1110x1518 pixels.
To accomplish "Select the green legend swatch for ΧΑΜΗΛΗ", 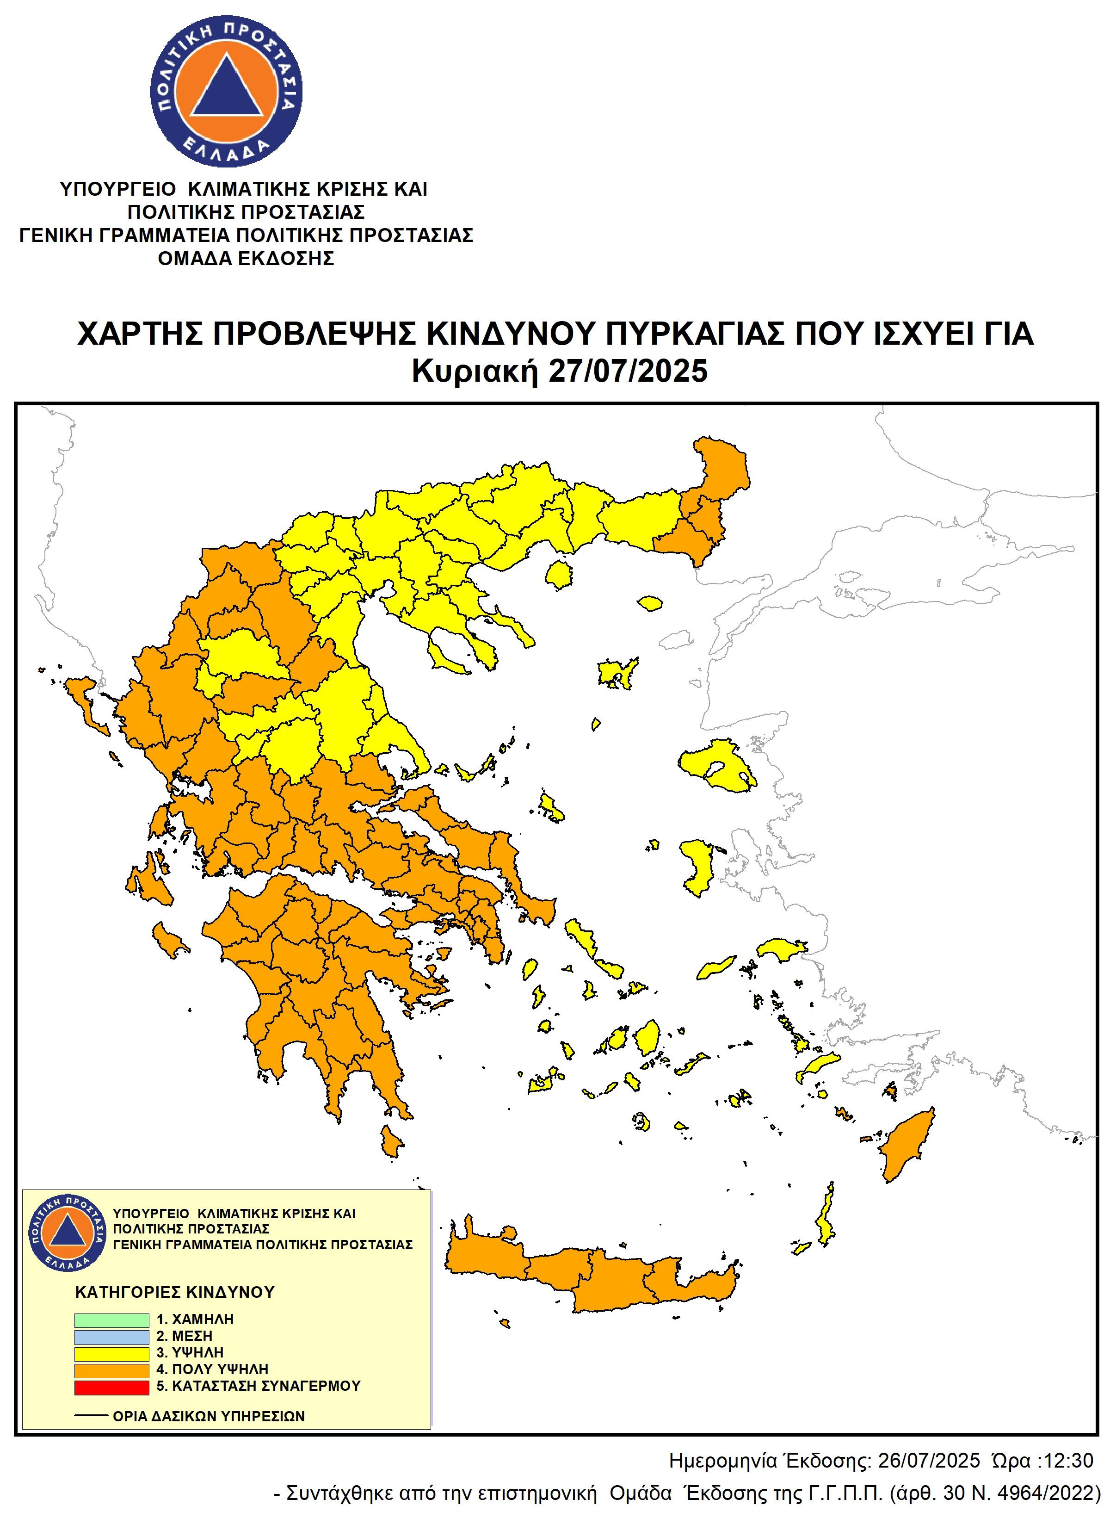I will (111, 1320).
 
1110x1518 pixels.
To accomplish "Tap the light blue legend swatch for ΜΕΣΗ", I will (111, 1337).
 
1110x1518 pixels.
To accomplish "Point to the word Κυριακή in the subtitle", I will (476, 371).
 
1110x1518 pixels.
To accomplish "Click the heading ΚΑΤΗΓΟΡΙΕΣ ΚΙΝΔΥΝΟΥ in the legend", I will (175, 1292).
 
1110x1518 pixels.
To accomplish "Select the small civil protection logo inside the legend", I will (67, 1233).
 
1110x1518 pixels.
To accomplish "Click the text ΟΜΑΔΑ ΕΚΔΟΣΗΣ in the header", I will (246, 258).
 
